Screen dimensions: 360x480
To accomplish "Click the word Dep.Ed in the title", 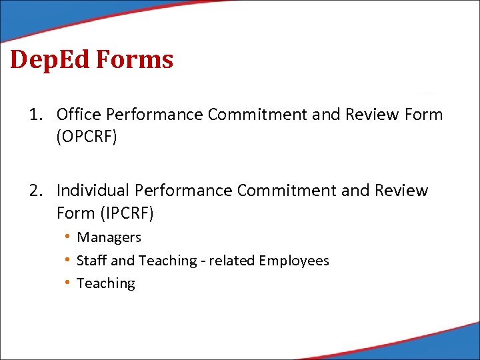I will [x=50, y=60].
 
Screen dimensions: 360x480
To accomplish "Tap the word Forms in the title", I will [x=135, y=60].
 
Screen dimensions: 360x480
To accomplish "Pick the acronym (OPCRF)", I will [x=87, y=137].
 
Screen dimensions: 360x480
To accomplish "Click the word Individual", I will [x=93, y=191].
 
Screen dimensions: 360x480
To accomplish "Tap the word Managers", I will [x=109, y=237].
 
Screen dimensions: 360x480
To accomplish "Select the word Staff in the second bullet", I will [x=88, y=261].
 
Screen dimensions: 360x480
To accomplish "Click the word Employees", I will [x=294, y=261].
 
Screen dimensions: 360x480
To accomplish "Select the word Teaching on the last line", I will [x=106, y=283].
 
